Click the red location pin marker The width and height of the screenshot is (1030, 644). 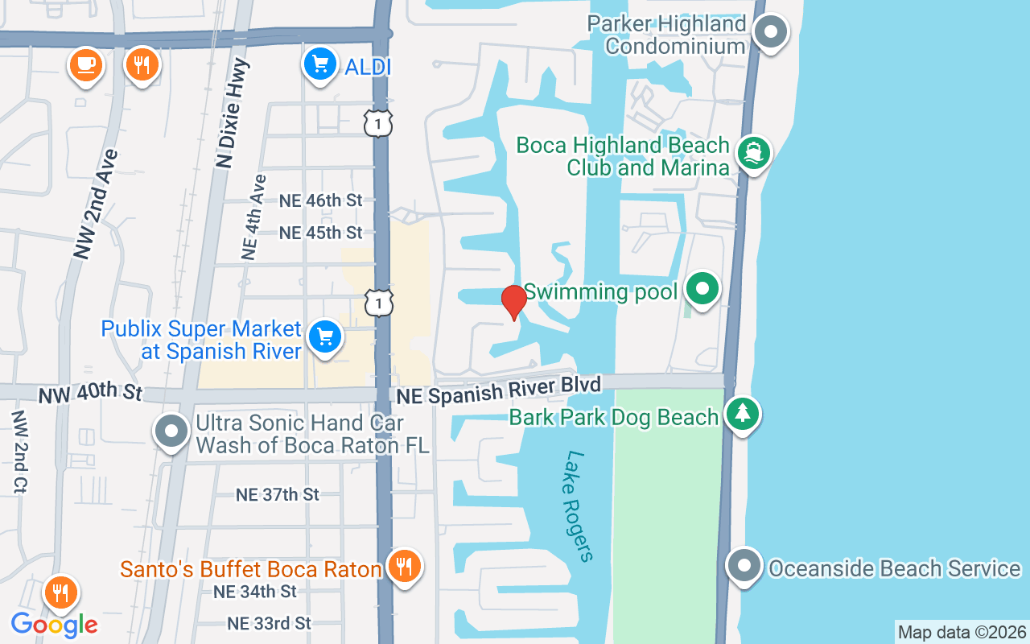coord(513,301)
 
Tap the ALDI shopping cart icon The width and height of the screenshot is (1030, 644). coord(320,64)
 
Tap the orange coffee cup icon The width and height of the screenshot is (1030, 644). coord(85,64)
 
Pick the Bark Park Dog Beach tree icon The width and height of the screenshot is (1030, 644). coord(742,414)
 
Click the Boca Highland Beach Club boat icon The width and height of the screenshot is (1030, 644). coord(754,152)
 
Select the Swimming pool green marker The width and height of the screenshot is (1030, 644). coord(703,288)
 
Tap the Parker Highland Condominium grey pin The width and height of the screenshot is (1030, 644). coord(771,32)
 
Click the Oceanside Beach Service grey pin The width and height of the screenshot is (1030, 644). coord(743,566)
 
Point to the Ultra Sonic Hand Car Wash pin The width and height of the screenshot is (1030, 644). coord(171,431)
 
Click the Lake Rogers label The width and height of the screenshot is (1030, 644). coord(579,506)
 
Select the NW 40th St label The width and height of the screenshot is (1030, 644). coord(90,394)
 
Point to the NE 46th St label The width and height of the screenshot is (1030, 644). coord(321,200)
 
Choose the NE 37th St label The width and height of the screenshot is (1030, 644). coord(278,494)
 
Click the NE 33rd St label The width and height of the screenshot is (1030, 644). coord(269,623)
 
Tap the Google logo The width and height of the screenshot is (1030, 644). coord(54,624)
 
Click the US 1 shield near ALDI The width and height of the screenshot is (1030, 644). coord(378,123)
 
